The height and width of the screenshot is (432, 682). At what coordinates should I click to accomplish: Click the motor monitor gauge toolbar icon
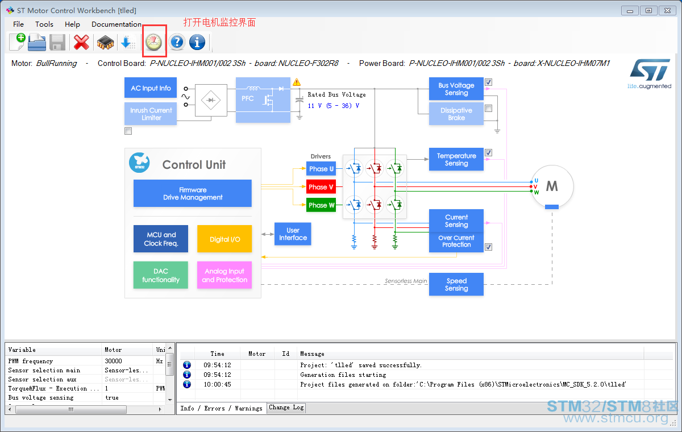pos(154,42)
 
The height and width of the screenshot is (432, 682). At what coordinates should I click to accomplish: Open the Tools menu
pos(44,24)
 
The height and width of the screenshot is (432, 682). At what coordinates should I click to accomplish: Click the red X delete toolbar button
pos(81,42)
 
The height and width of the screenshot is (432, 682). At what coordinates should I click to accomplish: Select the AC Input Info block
pos(151,88)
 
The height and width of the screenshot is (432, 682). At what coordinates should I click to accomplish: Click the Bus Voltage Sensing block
pos(456,89)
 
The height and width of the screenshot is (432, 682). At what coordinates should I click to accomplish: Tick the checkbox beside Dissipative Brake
pos(488,109)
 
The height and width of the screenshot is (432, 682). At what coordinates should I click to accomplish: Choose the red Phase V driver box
pos(321,187)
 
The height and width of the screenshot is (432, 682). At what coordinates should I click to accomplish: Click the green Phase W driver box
pos(321,205)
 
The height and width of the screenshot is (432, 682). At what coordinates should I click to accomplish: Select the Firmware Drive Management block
pos(193,193)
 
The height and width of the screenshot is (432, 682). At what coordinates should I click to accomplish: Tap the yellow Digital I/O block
pos(224,239)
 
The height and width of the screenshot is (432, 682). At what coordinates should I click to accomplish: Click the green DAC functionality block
pos(161,275)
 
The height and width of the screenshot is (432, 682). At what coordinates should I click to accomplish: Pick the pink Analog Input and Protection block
pos(224,275)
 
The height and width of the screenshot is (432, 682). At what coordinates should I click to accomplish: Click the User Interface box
pos(293,234)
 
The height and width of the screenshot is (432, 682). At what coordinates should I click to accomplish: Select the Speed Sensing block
pos(456,284)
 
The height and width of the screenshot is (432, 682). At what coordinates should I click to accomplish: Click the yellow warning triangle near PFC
pos(297,82)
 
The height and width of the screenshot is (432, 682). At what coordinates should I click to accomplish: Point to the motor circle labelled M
pos(552,186)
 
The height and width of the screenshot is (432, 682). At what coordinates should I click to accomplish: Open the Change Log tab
pos(286,408)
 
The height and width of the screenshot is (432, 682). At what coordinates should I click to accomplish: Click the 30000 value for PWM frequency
pos(113,361)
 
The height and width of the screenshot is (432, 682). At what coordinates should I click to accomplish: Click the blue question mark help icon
pos(177,42)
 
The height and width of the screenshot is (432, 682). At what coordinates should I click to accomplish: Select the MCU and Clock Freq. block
pos(161,239)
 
